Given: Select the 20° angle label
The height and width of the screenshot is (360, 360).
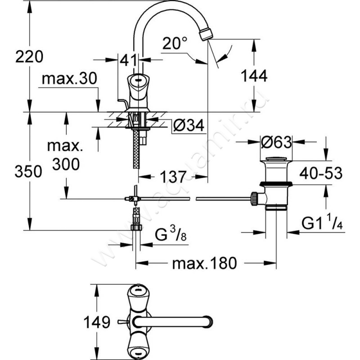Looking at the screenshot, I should (x=175, y=44).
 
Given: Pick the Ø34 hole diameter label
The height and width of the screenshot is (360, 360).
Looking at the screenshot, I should (x=189, y=126).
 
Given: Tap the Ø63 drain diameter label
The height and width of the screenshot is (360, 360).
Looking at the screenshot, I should (x=275, y=143).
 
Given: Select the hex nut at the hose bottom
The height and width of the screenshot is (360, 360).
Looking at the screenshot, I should (x=135, y=227).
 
